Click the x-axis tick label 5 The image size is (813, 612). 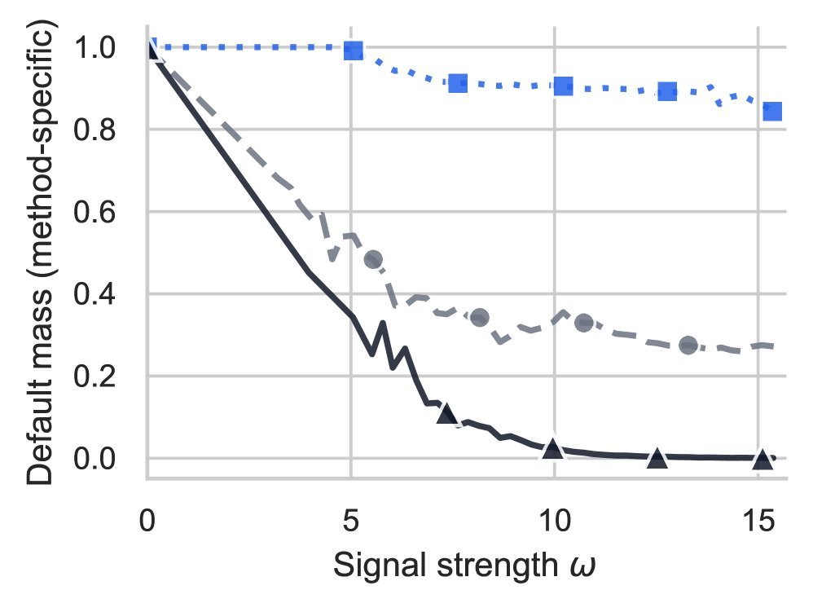pos(351,520)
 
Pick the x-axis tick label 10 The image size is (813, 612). pos(554,520)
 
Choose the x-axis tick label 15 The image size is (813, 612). pos(758,520)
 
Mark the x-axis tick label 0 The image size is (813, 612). pos(147,520)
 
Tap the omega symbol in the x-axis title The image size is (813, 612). pos(586,566)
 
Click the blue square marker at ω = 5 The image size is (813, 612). pos(353,51)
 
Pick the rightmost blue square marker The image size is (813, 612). pos(772,111)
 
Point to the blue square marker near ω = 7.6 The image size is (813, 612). pos(457,83)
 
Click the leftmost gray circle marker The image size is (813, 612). pos(373,260)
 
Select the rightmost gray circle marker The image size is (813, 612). pos(688,346)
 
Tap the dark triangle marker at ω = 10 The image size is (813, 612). pos(553,447)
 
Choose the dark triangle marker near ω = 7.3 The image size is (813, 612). pos(446,413)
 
